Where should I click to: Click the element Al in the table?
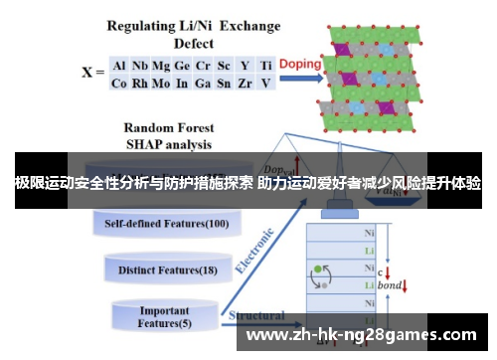click(119, 66)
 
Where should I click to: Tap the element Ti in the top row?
click(266, 66)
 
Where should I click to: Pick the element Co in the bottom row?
click(119, 83)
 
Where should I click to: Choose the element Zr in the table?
click(246, 83)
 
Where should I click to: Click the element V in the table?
click(265, 83)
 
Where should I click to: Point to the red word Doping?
click(299, 63)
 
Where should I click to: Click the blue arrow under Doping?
click(299, 76)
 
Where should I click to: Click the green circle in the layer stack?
click(318, 269)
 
